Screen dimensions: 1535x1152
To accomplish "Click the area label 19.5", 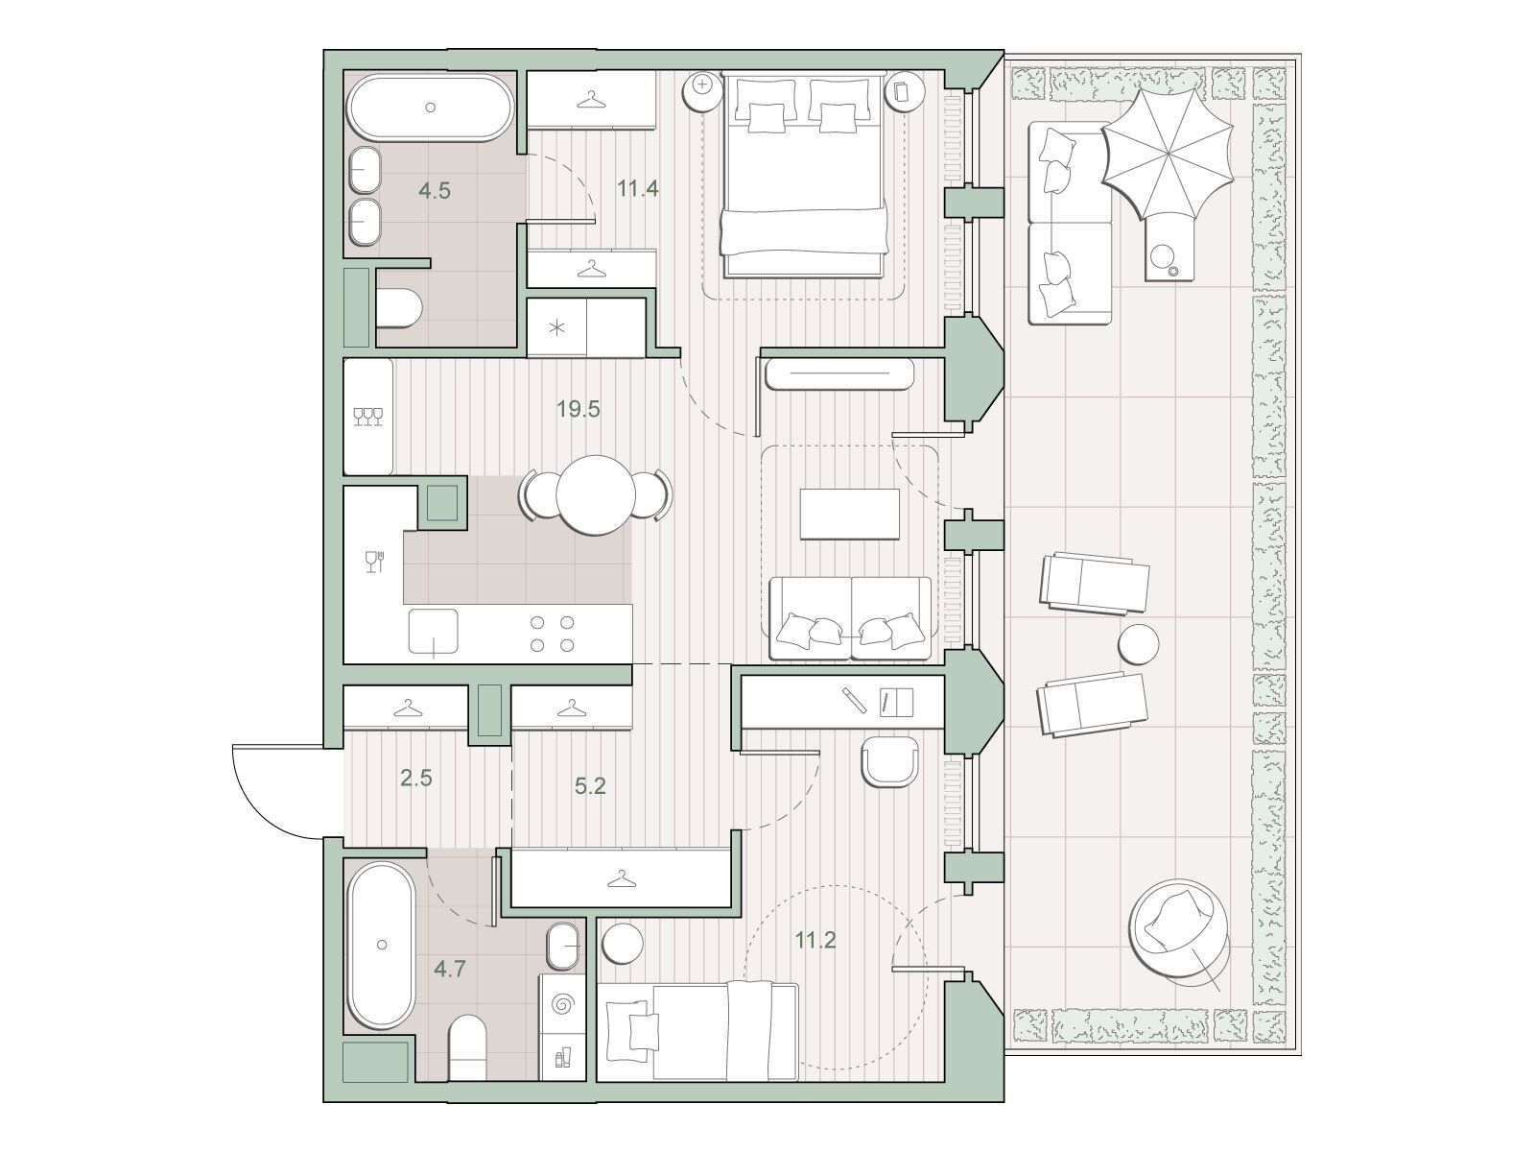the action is [x=578, y=409].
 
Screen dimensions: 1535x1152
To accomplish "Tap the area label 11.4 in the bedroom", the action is [x=638, y=189].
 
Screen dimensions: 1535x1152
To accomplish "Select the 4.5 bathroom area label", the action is [x=435, y=190].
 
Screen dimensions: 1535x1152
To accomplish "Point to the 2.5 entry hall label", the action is [x=416, y=778].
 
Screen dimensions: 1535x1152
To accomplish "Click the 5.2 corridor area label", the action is [x=589, y=786].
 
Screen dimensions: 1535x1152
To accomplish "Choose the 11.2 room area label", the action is [x=815, y=940].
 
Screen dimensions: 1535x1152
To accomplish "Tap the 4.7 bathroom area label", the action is [x=450, y=969].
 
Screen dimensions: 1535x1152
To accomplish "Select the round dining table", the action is [x=596, y=495].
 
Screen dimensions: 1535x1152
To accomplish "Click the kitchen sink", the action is [x=434, y=632].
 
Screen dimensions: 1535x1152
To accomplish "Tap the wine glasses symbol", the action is [x=368, y=417].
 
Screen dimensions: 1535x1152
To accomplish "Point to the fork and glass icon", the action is [x=375, y=561].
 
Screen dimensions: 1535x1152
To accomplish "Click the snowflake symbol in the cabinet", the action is [x=556, y=327].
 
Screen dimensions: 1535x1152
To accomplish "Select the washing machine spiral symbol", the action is [x=562, y=1005].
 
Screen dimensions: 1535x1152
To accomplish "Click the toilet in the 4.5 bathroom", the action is [x=399, y=308].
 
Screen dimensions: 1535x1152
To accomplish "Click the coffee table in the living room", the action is [x=850, y=515].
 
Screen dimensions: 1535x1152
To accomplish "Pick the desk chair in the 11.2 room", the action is [x=889, y=763].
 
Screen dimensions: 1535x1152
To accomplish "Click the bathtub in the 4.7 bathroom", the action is [x=382, y=946].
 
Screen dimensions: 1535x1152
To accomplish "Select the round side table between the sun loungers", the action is [x=1138, y=644].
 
